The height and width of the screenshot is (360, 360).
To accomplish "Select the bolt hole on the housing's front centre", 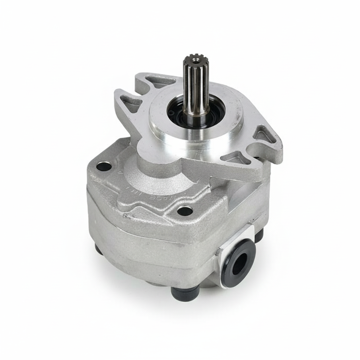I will pos(185,211).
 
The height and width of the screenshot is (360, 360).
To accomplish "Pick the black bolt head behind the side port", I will pos(259,235).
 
